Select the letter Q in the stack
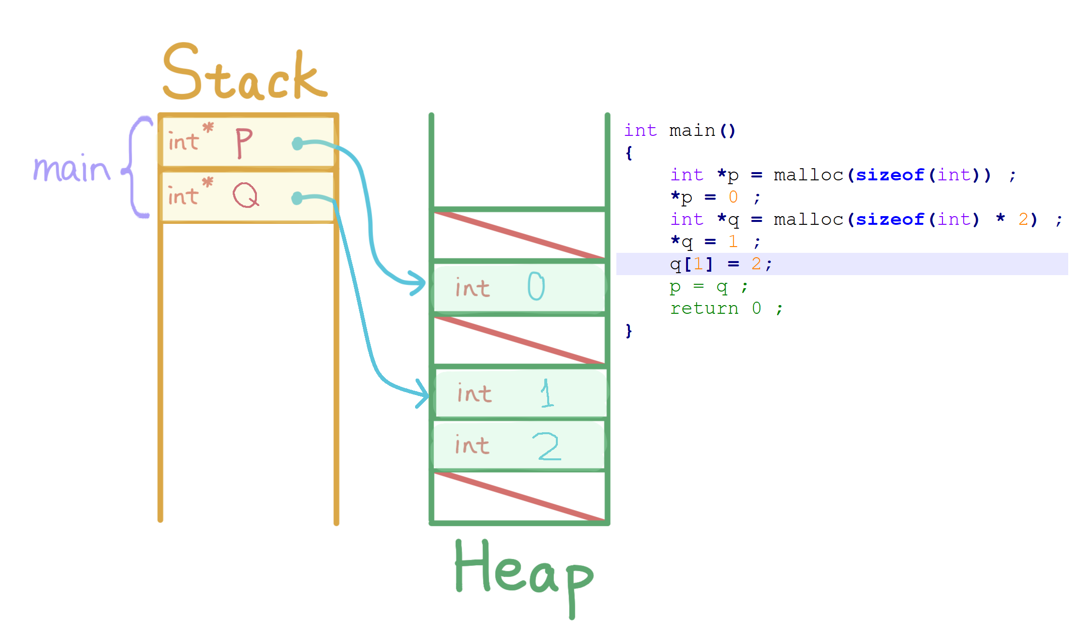coord(246,195)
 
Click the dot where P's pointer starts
coord(298,144)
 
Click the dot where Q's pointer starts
coord(297,198)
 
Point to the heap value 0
coord(536,286)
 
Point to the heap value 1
coord(547,393)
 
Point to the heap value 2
coord(548,446)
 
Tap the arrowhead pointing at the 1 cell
coord(423,394)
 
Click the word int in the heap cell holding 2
coord(472,445)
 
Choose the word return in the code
coord(704,308)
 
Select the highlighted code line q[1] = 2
coord(720,264)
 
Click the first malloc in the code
coord(808,175)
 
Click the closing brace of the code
coord(628,331)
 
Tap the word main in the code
coord(692,131)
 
